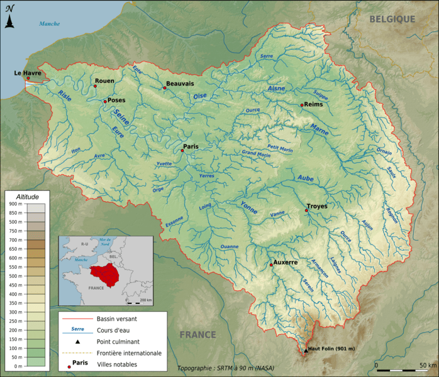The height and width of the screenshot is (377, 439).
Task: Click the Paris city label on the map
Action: (191, 146)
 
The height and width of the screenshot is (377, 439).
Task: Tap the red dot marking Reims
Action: (302, 105)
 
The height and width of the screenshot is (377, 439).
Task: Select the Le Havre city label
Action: (28, 74)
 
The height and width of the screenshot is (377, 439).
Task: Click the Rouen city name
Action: (104, 81)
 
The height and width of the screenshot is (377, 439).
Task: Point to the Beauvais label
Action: (180, 84)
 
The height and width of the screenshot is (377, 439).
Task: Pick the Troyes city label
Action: (317, 206)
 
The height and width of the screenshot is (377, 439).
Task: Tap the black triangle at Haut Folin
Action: (306, 349)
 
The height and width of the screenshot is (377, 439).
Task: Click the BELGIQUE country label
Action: (392, 19)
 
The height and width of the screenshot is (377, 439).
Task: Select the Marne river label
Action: (320, 128)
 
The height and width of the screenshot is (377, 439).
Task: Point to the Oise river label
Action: (200, 96)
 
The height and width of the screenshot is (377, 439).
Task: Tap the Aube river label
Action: (306, 178)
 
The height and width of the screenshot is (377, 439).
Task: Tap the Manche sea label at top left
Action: (49, 24)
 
